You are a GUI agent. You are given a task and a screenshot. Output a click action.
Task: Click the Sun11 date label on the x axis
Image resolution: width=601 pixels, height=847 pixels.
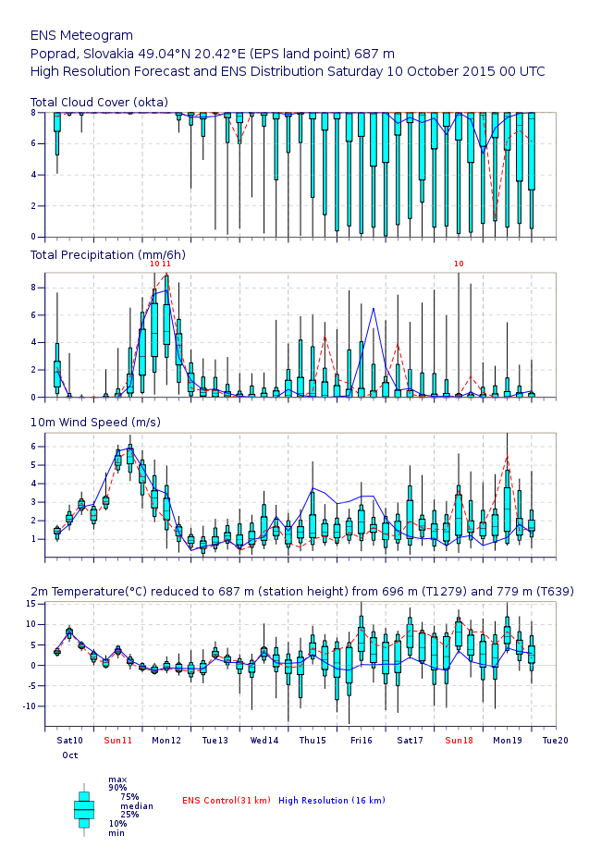point(118,741)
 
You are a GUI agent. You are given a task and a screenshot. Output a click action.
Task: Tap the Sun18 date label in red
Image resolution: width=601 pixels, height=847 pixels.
point(459,741)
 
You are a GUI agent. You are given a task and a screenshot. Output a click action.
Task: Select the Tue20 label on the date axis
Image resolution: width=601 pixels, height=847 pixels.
point(555,741)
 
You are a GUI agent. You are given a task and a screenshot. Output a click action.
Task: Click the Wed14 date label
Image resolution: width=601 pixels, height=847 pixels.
point(264,741)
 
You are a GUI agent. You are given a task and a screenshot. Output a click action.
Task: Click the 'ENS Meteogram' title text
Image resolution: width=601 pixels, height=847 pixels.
point(81,35)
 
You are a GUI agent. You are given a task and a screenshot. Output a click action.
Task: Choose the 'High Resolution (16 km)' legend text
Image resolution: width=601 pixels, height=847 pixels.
point(331,800)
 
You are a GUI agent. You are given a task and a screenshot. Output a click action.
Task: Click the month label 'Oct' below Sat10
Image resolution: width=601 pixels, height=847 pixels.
point(70,755)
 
